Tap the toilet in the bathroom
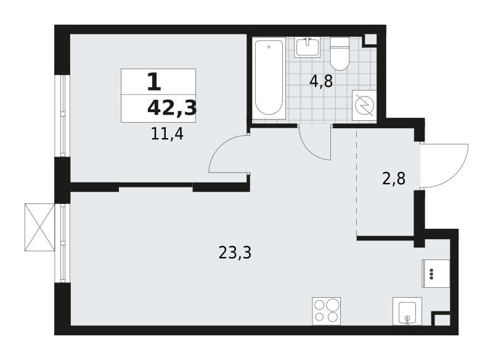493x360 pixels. [x=340, y=54]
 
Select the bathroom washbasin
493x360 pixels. [x=307, y=47]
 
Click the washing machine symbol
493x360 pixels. [x=364, y=105]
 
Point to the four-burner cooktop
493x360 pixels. [x=327, y=311]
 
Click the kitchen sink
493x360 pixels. [x=407, y=311]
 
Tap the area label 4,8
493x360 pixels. [x=321, y=82]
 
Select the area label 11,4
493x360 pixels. [x=167, y=134]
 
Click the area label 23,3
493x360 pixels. [x=235, y=253]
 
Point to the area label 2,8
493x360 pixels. [x=394, y=179]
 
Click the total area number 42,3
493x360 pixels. [x=172, y=108]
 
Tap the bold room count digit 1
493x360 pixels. [x=154, y=82]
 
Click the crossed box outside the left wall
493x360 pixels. [x=40, y=227]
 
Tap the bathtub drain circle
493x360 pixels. [x=269, y=47]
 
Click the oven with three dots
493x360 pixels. [x=436, y=273]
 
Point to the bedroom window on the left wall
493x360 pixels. [x=62, y=115]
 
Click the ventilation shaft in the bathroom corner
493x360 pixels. [x=370, y=40]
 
